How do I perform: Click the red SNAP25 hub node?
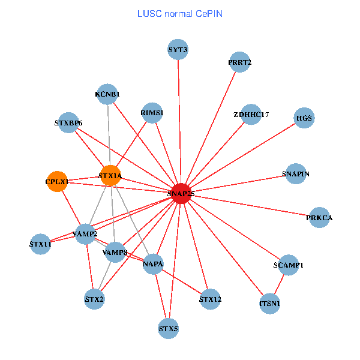tap(181, 193)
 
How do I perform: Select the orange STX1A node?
tap(110, 176)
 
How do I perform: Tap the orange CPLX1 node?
tap(58, 181)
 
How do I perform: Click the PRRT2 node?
tap(240, 62)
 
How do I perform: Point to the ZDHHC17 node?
tap(251, 114)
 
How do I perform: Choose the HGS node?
tap(304, 118)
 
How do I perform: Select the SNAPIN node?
tap(296, 174)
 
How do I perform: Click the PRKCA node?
tap(319, 218)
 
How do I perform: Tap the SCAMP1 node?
tap(288, 265)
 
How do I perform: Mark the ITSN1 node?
tap(270, 304)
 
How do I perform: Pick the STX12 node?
tap(210, 299)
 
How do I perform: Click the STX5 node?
tap(169, 329)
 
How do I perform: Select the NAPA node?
tap(154, 264)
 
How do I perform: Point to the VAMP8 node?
tap(115, 253)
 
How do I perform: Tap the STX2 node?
tap(95, 298)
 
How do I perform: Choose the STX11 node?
tap(40, 244)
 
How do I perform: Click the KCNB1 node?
tap(107, 94)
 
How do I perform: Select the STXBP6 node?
tap(68, 124)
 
